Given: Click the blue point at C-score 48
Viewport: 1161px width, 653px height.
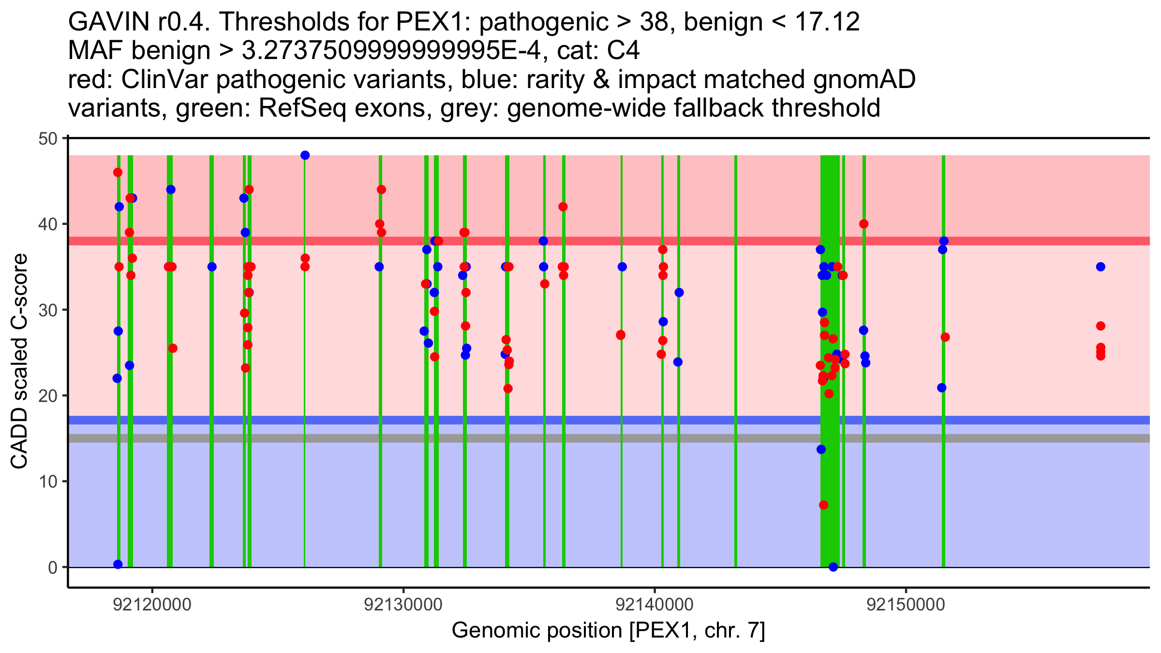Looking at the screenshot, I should point(305,155).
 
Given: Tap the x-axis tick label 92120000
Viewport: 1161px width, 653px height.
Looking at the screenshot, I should point(152,605).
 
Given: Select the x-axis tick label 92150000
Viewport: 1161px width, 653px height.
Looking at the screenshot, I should point(906,605).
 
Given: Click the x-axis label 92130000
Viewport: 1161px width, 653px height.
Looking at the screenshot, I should point(403,605).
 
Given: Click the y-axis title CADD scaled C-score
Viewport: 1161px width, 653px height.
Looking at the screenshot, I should point(19,362).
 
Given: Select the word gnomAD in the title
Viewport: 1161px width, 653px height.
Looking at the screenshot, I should point(864,79).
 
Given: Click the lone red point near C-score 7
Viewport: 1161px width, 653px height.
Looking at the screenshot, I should point(823,505).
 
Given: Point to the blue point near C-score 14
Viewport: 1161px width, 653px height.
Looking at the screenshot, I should point(821,449).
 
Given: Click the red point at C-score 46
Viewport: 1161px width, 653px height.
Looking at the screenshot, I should point(118,172).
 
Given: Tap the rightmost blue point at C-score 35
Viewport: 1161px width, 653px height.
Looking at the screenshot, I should point(1101,267).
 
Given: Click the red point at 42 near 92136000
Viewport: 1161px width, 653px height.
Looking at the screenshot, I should point(563,207).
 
